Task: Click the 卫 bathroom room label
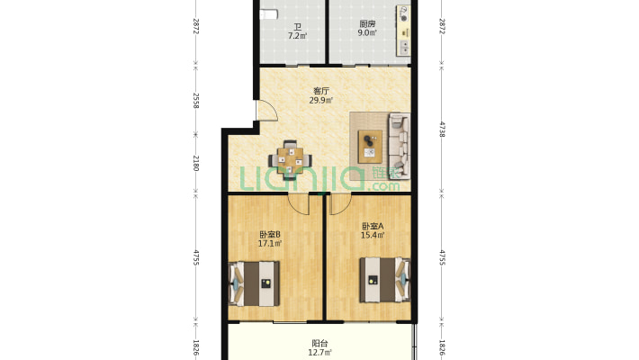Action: pyautogui.click(x=298, y=27)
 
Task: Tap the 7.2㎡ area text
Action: pyautogui.click(x=298, y=36)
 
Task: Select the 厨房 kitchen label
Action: pyautogui.click(x=367, y=24)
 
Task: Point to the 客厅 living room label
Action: pyautogui.click(x=321, y=91)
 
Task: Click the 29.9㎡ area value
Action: pyautogui.click(x=321, y=100)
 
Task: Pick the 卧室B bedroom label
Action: pyautogui.click(x=270, y=235)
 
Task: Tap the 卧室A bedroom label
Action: pyautogui.click(x=373, y=226)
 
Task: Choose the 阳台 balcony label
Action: pyautogui.click(x=319, y=343)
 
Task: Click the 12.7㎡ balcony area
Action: pyautogui.click(x=319, y=352)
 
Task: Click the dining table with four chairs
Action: pyautogui.click(x=290, y=159)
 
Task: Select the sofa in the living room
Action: pyautogui.click(x=399, y=146)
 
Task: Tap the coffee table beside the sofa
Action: pyautogui.click(x=370, y=147)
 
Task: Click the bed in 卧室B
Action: pyautogui.click(x=255, y=283)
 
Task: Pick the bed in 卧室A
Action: pyautogui.click(x=384, y=280)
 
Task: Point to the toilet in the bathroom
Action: pyautogui.click(x=269, y=14)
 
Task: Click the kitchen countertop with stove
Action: pyautogui.click(x=403, y=31)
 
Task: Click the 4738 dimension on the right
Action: pyautogui.click(x=442, y=130)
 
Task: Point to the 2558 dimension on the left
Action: pyautogui.click(x=195, y=100)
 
